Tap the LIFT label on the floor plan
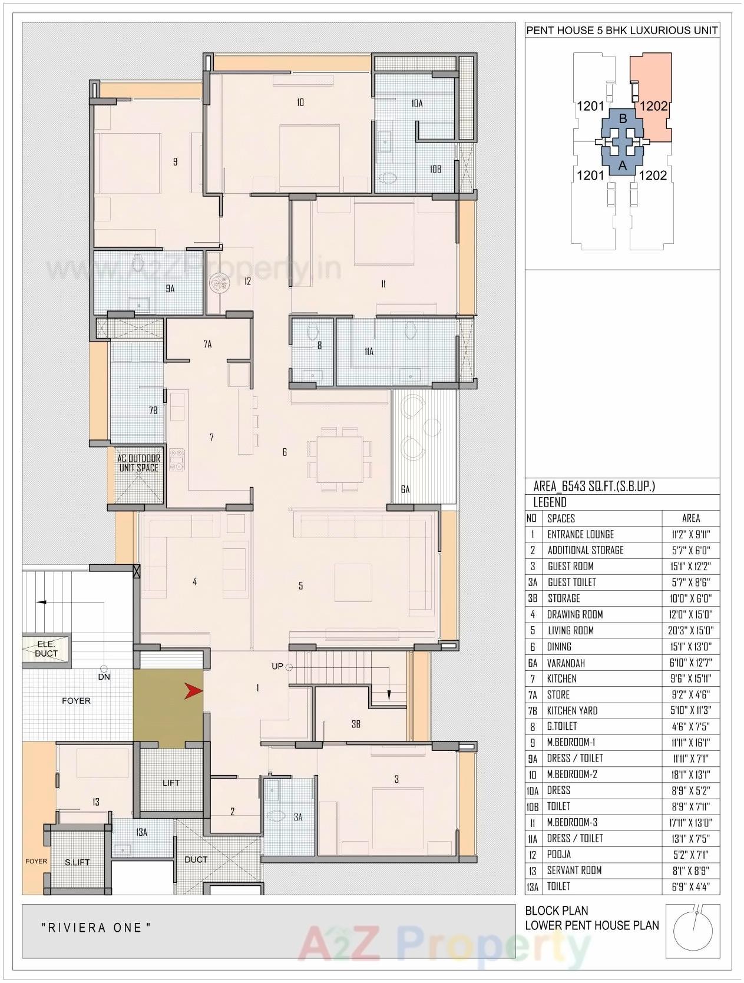(x=171, y=783)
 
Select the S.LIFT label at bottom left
(x=77, y=862)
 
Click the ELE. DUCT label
(x=46, y=649)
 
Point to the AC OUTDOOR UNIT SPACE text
(x=138, y=463)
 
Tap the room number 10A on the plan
(x=417, y=103)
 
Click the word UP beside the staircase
(x=277, y=666)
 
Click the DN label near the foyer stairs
(x=104, y=677)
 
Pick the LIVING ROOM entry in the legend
(x=570, y=630)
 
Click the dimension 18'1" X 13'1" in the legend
(x=690, y=775)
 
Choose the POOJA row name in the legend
(x=558, y=854)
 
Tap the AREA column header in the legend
(x=690, y=518)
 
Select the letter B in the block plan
(x=622, y=118)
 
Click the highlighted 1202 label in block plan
(x=653, y=106)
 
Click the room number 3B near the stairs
(x=356, y=724)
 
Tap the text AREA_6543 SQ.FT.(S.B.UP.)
(x=594, y=486)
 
